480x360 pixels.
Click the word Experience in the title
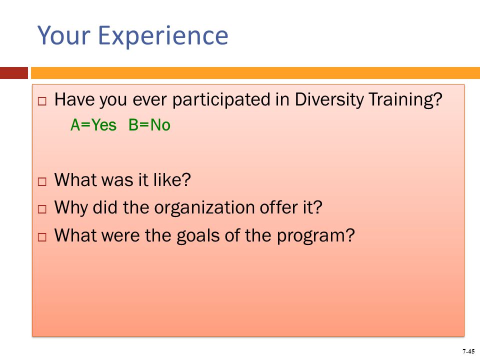tap(163, 36)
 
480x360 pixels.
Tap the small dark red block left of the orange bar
tap(14, 73)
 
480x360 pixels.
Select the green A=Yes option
tap(93, 125)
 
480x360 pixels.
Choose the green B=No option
tap(149, 125)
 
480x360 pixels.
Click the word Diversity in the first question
tap(329, 100)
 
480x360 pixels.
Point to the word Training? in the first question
tap(405, 100)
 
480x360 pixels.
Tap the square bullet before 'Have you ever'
tap(42, 101)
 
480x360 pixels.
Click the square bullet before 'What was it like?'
tap(42, 181)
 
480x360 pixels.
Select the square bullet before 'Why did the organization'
tap(42, 209)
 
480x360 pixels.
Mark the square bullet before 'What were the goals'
tap(42, 237)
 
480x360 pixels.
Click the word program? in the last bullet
tap(316, 236)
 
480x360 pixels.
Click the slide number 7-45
tap(468, 351)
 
